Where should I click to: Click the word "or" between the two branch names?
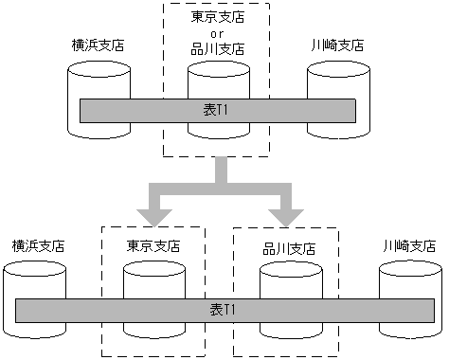[x=217, y=32]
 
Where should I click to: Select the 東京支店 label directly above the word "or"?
[x=217, y=16]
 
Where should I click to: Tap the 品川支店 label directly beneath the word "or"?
[x=217, y=48]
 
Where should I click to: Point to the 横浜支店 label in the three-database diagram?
[x=99, y=45]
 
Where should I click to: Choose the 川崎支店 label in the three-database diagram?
[x=336, y=45]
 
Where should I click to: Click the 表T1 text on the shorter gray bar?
[x=217, y=111]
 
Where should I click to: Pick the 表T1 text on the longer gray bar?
[x=224, y=311]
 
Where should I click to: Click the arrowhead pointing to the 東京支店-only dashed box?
[x=152, y=205]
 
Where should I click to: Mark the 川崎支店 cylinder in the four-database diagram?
[x=408, y=284]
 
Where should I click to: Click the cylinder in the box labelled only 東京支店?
[x=153, y=284]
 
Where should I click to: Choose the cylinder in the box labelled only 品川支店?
[x=288, y=284]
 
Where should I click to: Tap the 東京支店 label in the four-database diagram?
[x=153, y=245]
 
